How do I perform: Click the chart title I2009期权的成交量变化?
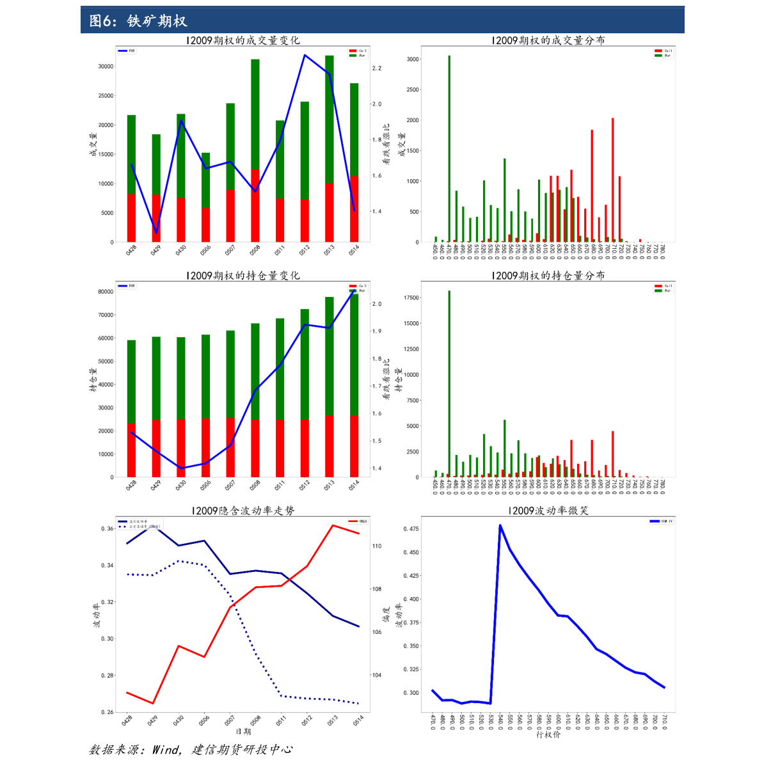pos(242,40)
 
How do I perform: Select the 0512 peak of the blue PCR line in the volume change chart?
pos(305,55)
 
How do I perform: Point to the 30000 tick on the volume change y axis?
pos(106,67)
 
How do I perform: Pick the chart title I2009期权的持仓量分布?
pos(548,276)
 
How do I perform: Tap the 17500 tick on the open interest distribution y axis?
pos(411,298)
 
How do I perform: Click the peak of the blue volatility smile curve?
pos(500,525)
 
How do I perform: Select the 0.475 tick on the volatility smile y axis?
pos(411,529)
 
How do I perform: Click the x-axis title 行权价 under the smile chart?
pos(548,734)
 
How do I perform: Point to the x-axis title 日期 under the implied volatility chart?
pos(243,731)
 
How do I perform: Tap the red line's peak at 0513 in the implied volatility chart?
pos(333,525)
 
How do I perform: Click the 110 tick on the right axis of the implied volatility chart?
pos(377,546)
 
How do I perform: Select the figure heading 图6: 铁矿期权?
pos(138,21)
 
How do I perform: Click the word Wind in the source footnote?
pos(166,750)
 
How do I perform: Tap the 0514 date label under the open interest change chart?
pos(353,486)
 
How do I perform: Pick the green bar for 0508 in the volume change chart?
pos(255,114)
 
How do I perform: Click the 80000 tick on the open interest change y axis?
pos(105,292)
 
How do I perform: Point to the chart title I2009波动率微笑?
pos(548,511)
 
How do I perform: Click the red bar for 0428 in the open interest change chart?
pos(131,450)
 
